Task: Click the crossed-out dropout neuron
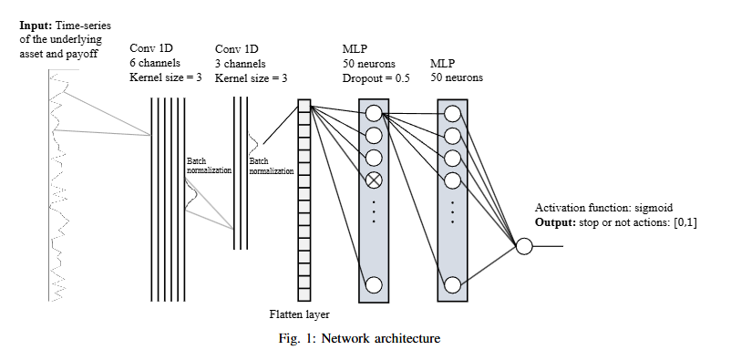click(374, 180)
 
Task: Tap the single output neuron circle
click(524, 246)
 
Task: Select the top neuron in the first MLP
click(374, 113)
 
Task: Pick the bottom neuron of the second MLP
click(453, 285)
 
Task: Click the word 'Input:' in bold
click(36, 25)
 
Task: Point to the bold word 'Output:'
click(555, 222)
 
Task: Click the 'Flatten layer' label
click(300, 314)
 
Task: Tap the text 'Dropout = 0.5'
click(376, 78)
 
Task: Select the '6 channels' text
click(155, 63)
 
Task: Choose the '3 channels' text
click(240, 64)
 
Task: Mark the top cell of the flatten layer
click(304, 106)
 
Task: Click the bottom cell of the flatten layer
click(304, 294)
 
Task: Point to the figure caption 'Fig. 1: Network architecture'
click(360, 338)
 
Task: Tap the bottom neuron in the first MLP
click(374, 285)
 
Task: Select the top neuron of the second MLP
click(453, 113)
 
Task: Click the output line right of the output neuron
click(548, 246)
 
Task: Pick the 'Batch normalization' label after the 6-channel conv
click(209, 166)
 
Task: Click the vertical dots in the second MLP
click(453, 211)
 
